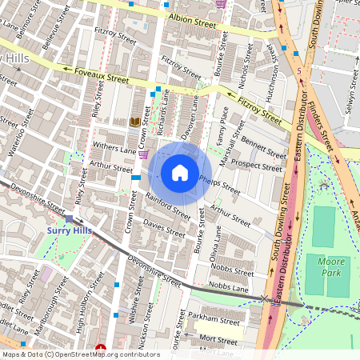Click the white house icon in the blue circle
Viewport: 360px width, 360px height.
click(x=180, y=173)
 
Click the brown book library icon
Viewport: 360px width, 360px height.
click(x=134, y=122)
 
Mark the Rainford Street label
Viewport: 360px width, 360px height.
click(x=168, y=205)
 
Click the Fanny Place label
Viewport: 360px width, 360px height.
click(x=223, y=130)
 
